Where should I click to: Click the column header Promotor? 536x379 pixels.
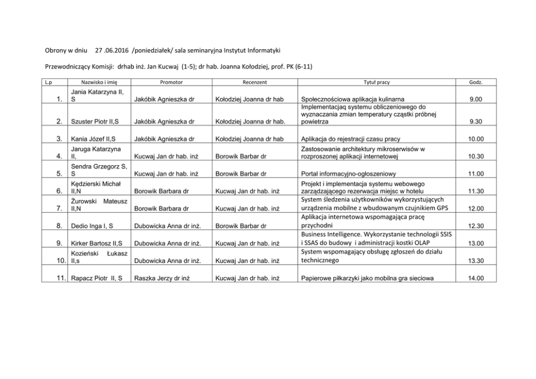point(171,83)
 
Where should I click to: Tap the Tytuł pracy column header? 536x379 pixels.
point(377,83)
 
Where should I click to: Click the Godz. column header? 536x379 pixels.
point(477,83)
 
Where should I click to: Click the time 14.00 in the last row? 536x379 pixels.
point(475,279)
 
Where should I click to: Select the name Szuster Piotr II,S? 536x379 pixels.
point(95,121)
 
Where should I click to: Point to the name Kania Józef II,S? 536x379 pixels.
point(94,139)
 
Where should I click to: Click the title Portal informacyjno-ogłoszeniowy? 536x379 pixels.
point(349,174)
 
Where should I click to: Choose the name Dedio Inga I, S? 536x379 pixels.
point(92,226)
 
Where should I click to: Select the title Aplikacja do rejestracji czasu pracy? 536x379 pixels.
point(351,139)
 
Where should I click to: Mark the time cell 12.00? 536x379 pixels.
point(475,208)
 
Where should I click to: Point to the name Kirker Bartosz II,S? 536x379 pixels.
point(97,243)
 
